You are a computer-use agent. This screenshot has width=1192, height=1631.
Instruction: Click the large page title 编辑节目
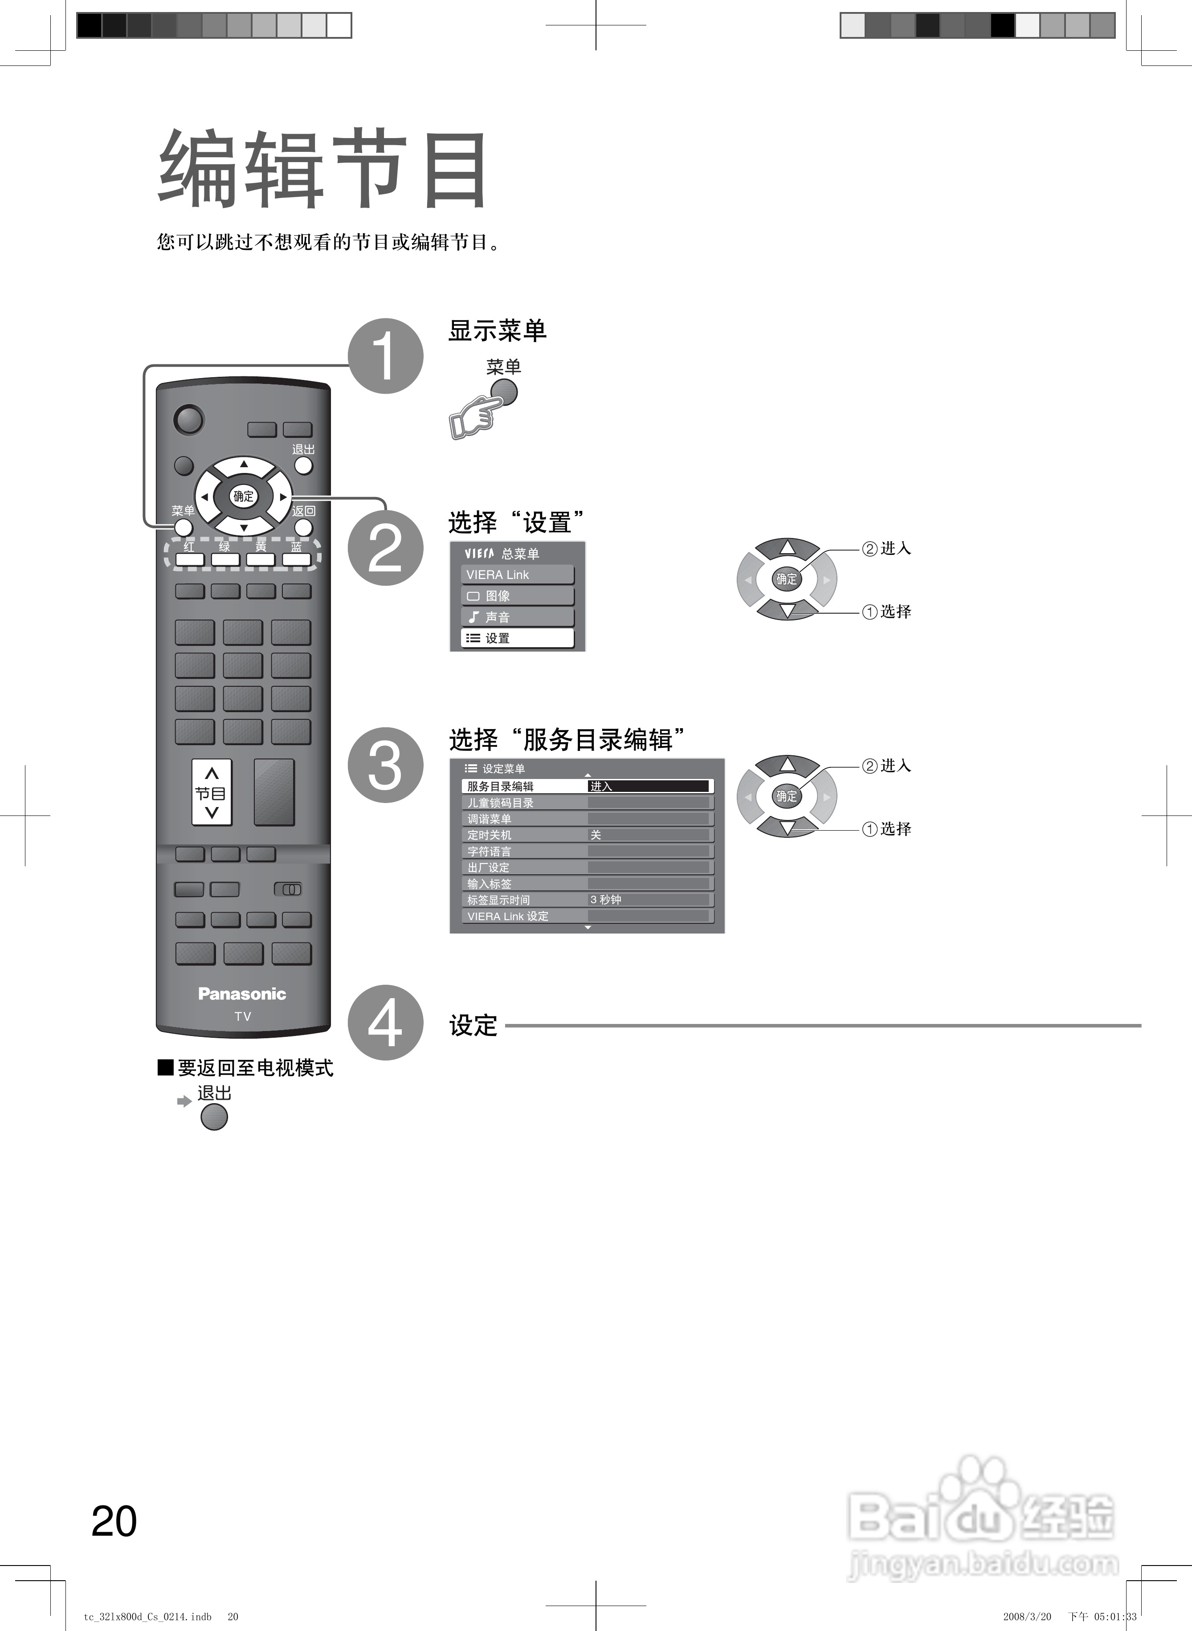[322, 170]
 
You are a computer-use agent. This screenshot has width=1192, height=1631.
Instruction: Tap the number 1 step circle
[385, 355]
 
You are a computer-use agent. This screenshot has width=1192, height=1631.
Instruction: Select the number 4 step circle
[385, 1022]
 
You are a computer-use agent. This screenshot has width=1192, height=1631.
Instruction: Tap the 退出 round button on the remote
[304, 465]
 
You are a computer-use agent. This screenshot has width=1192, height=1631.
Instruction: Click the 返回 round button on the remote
[304, 527]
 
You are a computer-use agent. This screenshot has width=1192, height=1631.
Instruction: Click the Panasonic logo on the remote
[242, 994]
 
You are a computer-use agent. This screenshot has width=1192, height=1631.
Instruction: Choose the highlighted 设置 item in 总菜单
[517, 638]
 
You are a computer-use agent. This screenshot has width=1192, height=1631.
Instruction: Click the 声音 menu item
[517, 617]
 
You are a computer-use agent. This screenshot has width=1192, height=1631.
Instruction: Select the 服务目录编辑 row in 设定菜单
[501, 786]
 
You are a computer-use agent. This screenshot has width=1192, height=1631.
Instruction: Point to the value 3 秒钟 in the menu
[606, 900]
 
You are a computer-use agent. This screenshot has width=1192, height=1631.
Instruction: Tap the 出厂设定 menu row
[489, 867]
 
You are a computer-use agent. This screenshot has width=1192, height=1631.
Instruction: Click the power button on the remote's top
[189, 420]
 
